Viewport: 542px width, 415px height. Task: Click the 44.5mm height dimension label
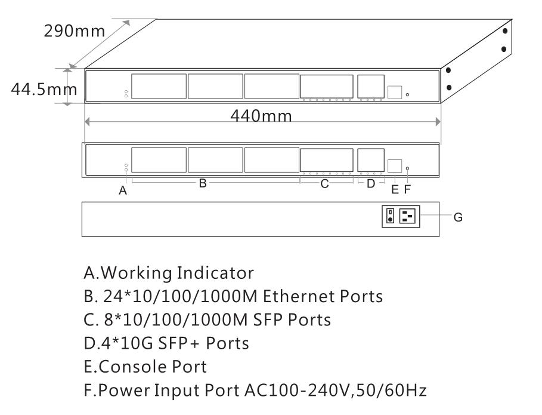(42, 90)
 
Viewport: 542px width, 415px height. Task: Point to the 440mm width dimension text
(262, 116)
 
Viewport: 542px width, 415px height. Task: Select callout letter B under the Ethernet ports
(203, 184)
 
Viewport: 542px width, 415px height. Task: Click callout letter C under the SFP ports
(324, 184)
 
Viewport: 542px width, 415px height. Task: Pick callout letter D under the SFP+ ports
(370, 184)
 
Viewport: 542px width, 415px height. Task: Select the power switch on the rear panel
(390, 216)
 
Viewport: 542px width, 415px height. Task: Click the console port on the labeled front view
(394, 166)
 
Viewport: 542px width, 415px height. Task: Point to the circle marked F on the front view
(408, 168)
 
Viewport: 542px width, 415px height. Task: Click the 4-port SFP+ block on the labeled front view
(370, 159)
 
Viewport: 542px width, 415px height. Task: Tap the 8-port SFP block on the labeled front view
(326, 159)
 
